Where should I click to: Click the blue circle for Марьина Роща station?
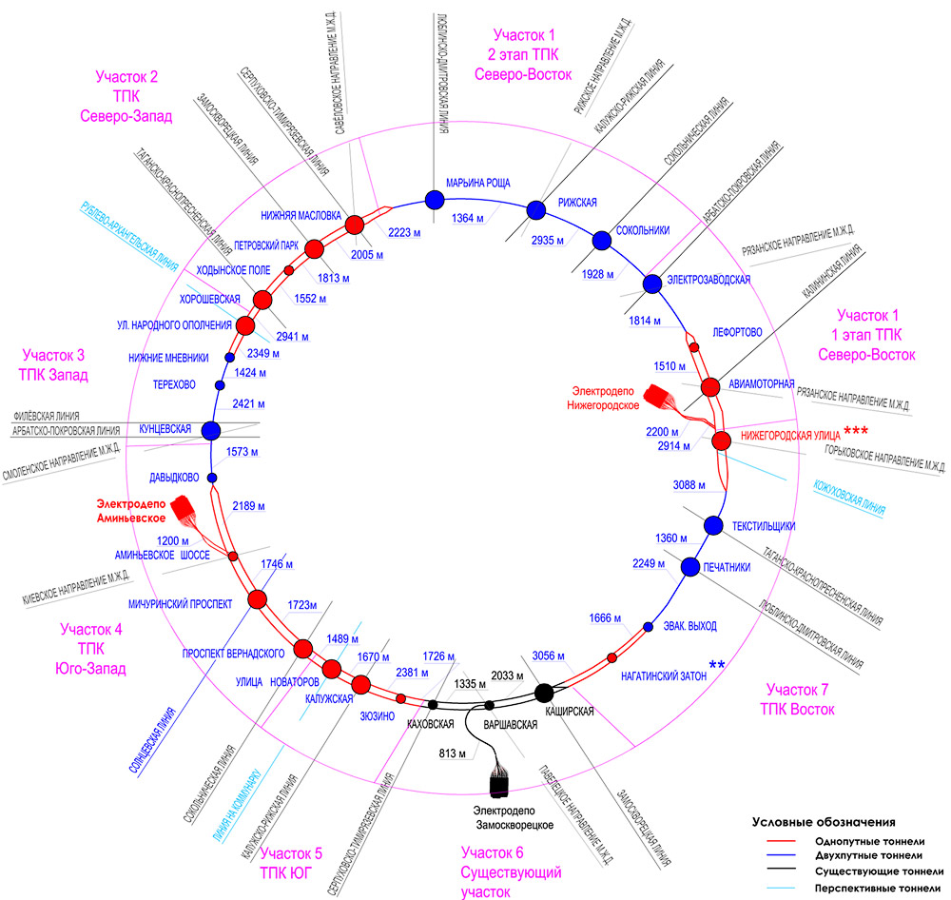pos(435,199)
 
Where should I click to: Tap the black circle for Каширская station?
pos(544,692)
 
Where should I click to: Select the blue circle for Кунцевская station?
pos(211,430)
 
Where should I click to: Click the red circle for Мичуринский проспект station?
pos(257,599)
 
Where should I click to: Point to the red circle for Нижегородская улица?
pos(721,440)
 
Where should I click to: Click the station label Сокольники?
pos(644,229)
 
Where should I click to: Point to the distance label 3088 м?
pos(689,485)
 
